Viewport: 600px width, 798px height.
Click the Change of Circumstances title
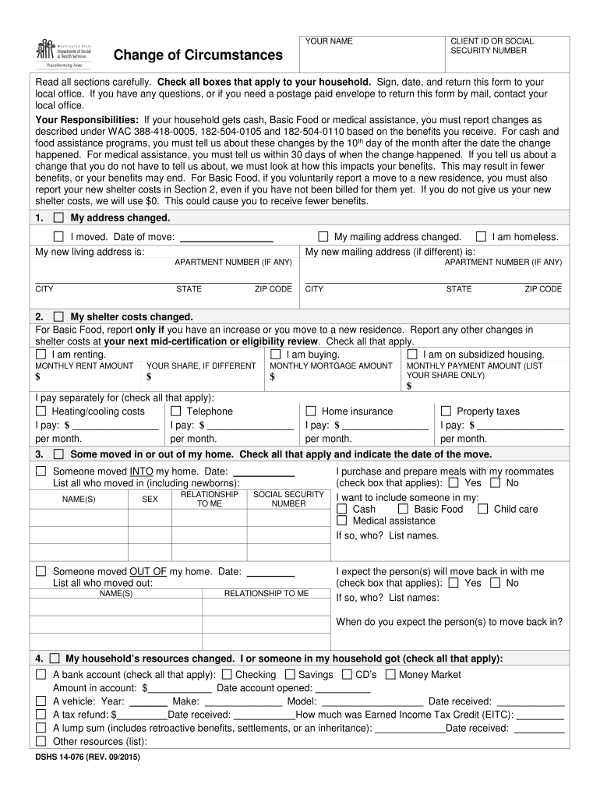point(198,55)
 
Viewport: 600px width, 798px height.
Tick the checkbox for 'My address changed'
point(58,217)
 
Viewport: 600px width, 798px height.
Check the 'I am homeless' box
point(481,236)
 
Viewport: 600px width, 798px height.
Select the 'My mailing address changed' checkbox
point(323,236)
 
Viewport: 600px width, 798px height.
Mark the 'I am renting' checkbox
point(41,354)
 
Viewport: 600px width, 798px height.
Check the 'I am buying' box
point(275,354)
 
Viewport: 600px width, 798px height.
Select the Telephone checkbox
point(176,411)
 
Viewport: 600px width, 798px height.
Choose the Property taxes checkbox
point(446,411)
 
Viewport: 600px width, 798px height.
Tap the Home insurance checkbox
point(311,411)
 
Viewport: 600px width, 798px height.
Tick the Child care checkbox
point(483,509)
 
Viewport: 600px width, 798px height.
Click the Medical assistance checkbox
point(341,521)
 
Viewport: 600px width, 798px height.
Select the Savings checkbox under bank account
point(290,674)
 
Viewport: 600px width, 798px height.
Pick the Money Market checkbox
point(390,674)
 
